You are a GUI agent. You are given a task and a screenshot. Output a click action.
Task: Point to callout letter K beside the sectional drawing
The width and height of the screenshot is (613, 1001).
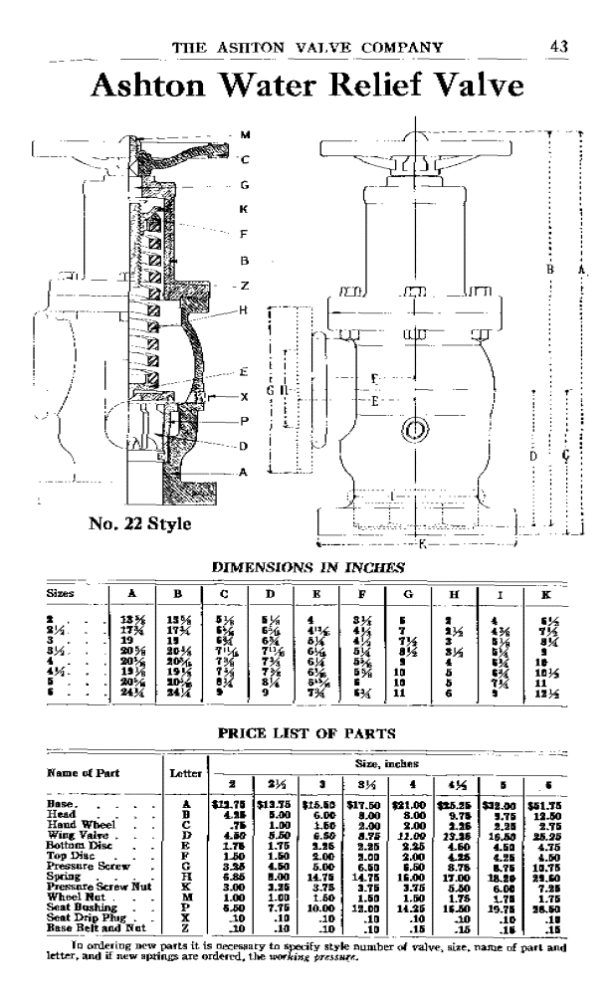point(244,209)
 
